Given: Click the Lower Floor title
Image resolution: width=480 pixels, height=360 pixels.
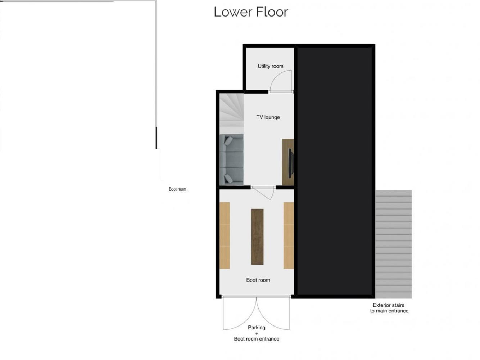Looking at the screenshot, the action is click(251, 12).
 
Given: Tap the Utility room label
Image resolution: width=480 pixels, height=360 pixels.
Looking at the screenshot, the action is click(270, 66).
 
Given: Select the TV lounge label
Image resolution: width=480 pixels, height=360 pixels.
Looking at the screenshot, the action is click(268, 117).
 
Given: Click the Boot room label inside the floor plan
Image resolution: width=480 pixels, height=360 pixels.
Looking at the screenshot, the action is click(258, 280).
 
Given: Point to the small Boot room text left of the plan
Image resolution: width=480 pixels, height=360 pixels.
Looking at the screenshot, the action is click(177, 189).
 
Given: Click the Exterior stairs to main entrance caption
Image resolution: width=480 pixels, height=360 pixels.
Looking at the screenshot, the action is click(389, 308).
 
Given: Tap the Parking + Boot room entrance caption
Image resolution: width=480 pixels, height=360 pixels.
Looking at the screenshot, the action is click(257, 333).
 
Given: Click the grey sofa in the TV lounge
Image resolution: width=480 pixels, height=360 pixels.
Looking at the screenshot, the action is click(232, 159).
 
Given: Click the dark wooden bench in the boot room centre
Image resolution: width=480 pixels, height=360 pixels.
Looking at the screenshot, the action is click(257, 237).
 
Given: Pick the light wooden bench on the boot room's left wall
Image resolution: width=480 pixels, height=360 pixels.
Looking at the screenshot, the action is click(225, 235).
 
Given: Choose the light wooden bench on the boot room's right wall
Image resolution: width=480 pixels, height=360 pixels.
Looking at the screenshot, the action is click(289, 235).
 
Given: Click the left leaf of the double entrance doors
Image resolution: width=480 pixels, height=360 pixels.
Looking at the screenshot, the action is click(239, 313).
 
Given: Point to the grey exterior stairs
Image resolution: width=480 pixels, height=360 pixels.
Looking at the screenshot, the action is click(393, 244).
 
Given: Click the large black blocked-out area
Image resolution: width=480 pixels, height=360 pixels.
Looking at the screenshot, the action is click(335, 171).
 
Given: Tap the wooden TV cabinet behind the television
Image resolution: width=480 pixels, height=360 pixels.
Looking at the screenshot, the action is click(288, 162).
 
